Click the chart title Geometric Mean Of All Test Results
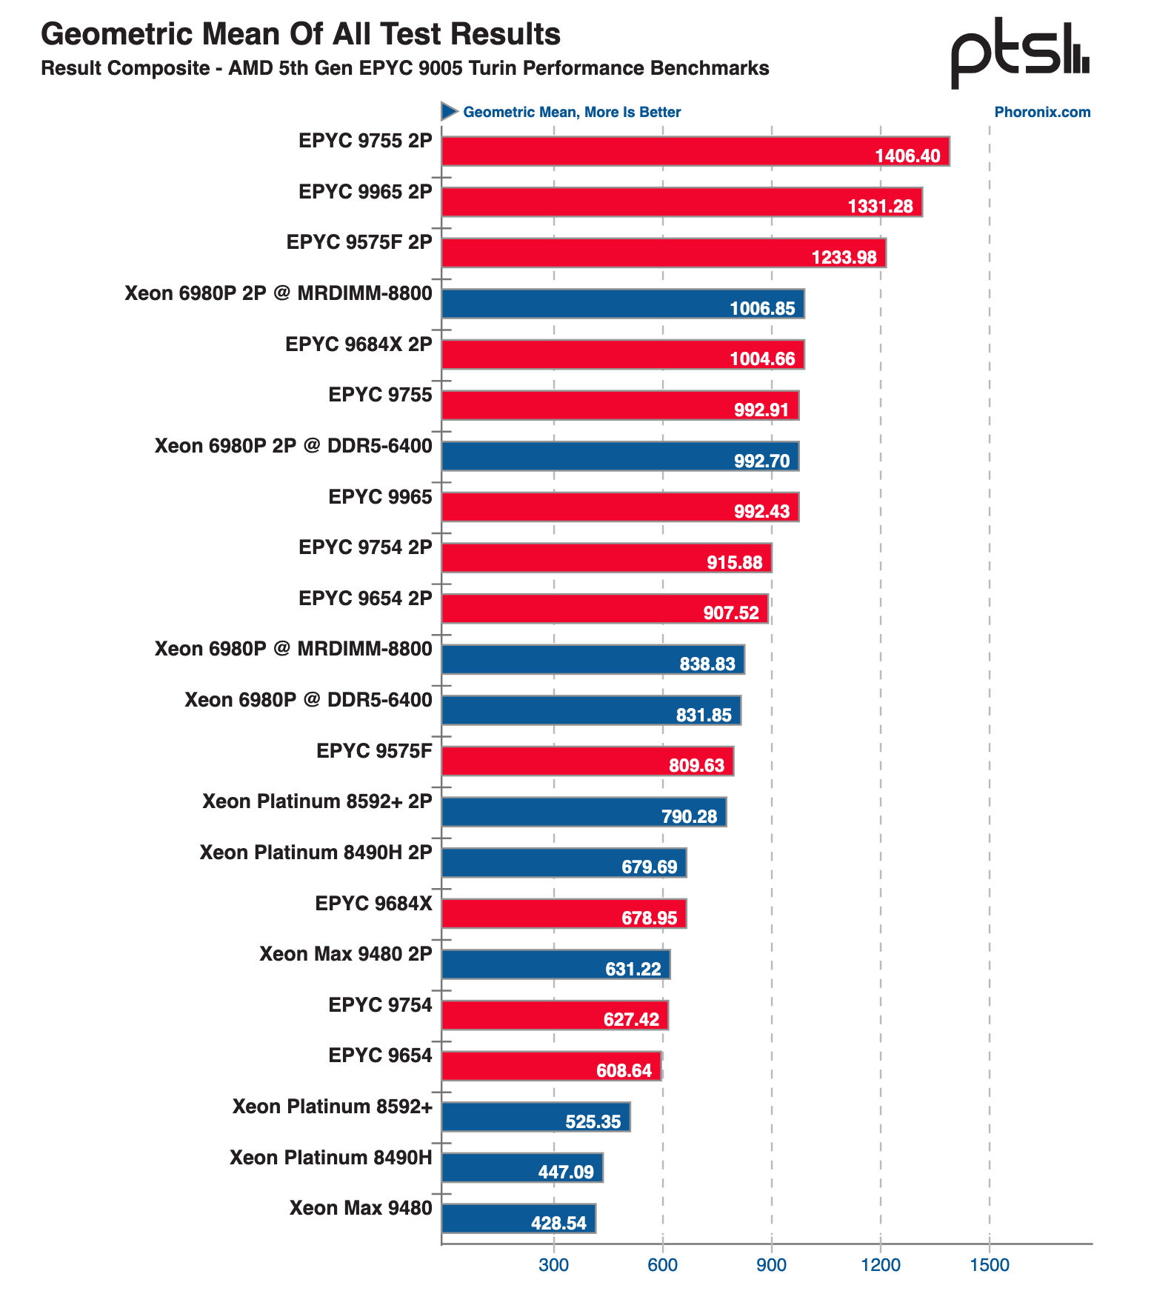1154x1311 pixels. tap(301, 34)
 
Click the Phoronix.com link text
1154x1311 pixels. tap(1042, 112)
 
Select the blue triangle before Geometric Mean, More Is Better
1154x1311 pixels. tap(450, 111)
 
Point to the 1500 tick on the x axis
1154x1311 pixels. tap(990, 1264)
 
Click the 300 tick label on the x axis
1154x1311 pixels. tap(554, 1264)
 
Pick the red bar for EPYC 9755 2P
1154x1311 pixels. tap(696, 151)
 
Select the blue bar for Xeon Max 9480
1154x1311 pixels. tap(518, 1218)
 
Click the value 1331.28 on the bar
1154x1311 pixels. tap(881, 206)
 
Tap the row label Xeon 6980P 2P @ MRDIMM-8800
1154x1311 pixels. tap(279, 293)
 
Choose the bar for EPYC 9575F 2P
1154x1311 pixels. tap(664, 253)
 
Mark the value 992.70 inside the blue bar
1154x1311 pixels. tap(762, 461)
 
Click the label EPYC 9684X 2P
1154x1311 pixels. tap(358, 344)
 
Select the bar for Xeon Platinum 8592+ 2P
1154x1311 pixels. tap(584, 812)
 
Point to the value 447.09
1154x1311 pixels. tap(566, 1172)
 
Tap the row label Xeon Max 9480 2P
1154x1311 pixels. tap(346, 953)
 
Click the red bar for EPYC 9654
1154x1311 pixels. tap(551, 1066)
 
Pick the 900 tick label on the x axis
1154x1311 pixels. tap(772, 1264)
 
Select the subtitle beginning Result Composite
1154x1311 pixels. tap(405, 68)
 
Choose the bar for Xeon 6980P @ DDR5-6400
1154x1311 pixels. tap(591, 710)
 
